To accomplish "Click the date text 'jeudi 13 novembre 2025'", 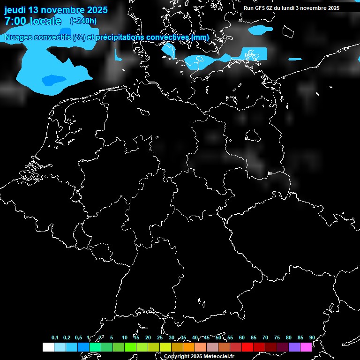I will coord(56,10).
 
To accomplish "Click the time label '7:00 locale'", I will coord(32,21).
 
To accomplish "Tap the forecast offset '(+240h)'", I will coord(83,21).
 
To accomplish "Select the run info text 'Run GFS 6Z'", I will coord(257,8).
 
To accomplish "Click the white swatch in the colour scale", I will coord(48,347).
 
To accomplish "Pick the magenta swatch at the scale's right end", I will coord(306,347).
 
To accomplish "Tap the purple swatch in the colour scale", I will coord(294,347).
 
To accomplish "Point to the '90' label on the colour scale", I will coord(312,337).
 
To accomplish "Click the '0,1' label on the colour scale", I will coord(55,337).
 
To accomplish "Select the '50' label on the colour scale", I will coord(218,337).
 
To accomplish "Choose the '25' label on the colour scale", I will coord(160,337).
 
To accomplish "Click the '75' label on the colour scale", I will coord(277,337).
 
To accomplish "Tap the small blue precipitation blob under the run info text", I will coord(259,30).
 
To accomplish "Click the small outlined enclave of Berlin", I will coord(252,136).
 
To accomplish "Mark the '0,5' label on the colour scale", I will coord(78,337).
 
